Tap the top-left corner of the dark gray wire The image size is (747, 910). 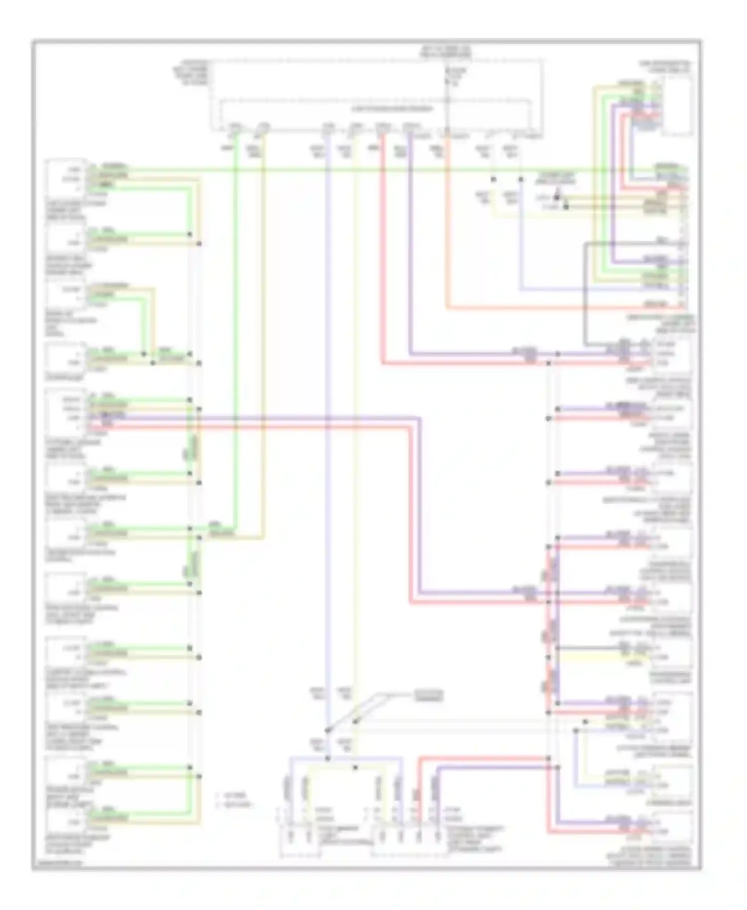586,243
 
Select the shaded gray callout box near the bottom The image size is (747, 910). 427,695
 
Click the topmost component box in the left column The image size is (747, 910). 65,177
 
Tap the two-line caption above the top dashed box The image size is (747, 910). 445,51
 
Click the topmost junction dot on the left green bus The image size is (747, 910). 190,234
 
